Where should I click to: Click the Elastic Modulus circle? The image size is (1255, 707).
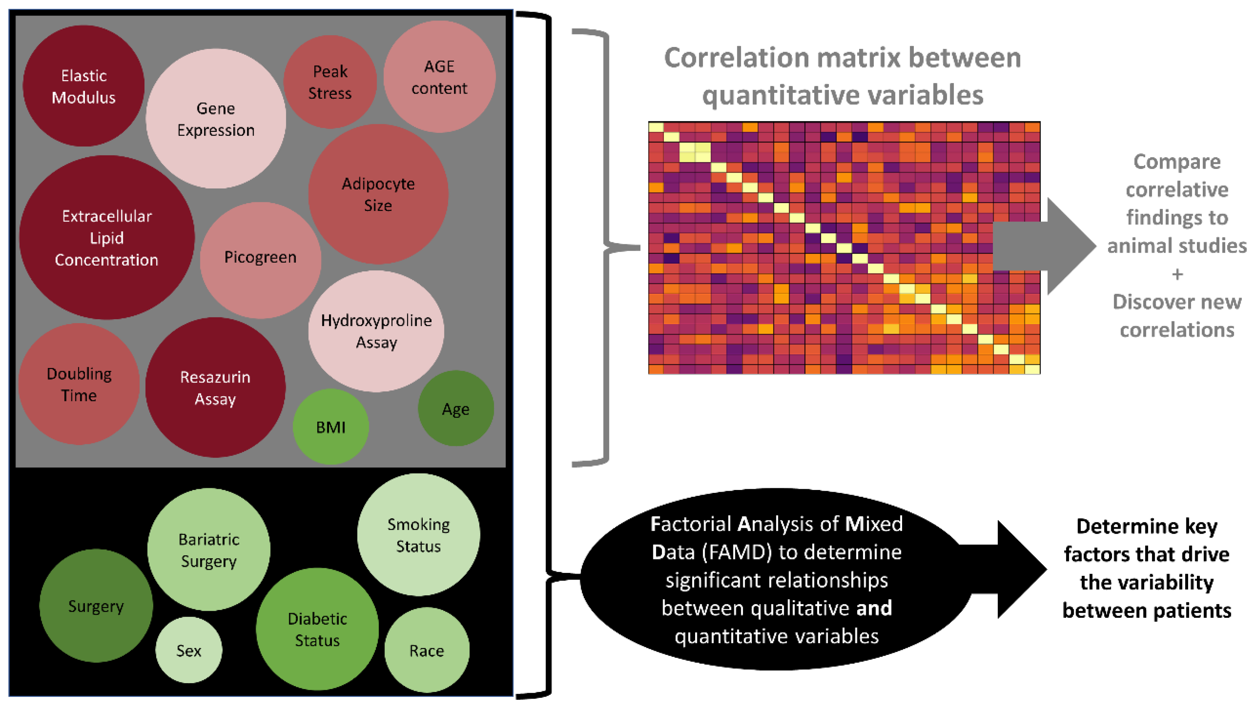coord(83,86)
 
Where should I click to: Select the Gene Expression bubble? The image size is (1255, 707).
coord(215,119)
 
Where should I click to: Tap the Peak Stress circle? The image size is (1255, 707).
coord(330,82)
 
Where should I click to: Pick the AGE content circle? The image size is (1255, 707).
coord(439,77)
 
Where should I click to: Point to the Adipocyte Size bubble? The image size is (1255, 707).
coord(378,194)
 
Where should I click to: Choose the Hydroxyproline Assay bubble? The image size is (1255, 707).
coord(376,331)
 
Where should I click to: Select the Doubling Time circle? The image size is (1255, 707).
coord(79,384)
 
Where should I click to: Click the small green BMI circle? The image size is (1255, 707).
coord(330,427)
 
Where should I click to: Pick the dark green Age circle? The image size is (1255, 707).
coord(455,409)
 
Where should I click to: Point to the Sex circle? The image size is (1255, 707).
coord(189,650)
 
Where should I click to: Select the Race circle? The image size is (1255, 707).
coord(427,650)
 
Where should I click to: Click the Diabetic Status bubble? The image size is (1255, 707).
coord(317,629)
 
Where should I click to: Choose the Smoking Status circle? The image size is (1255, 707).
coord(418,535)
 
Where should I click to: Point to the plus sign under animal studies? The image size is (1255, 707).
coord(1177,274)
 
